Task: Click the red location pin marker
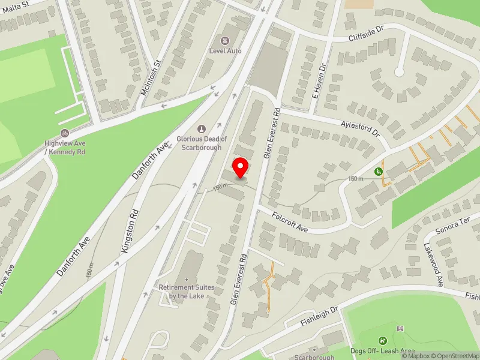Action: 241,167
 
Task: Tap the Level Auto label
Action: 225,51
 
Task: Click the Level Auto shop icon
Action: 225,41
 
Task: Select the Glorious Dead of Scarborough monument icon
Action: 202,128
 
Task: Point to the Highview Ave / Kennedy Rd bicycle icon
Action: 65,133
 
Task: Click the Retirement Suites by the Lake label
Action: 187,292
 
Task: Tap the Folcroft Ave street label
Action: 289,221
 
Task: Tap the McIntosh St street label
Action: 151,74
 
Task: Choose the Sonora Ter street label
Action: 454,226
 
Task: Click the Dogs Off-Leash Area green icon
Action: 383,341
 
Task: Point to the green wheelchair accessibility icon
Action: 379,172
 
